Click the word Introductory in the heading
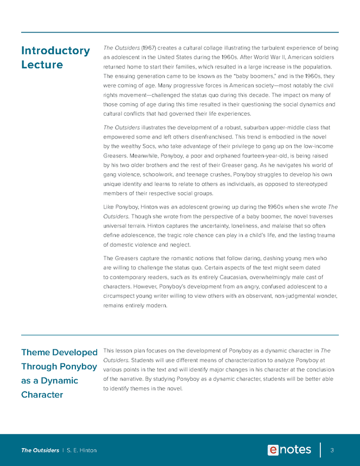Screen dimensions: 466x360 55,51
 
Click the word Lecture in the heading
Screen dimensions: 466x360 42,65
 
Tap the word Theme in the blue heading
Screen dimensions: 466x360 39,352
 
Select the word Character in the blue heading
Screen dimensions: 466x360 42,394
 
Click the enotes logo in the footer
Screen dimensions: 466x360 289,450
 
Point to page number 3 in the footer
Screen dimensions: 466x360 332,450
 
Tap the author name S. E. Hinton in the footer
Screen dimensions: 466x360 81,450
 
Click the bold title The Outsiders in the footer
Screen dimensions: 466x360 40,450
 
